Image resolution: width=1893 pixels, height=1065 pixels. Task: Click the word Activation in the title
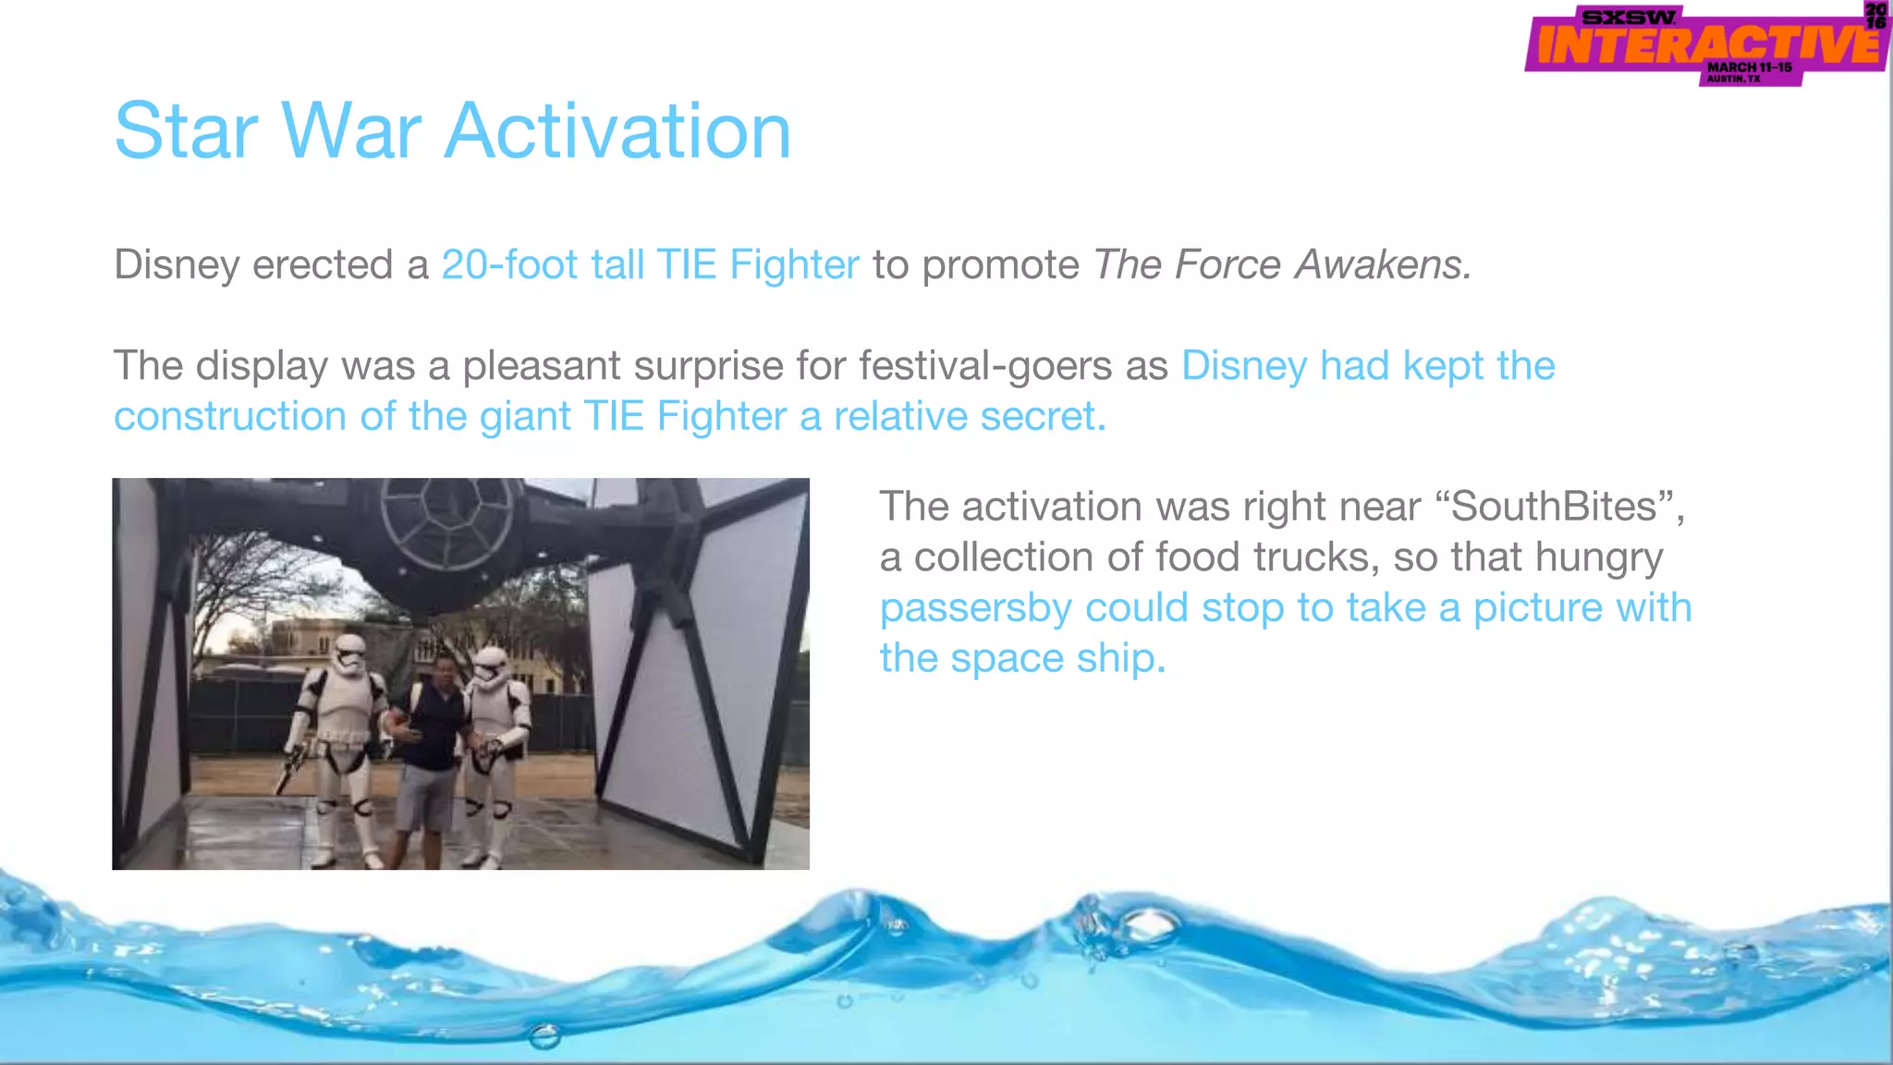[x=617, y=131]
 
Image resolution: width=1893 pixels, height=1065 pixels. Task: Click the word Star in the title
[x=185, y=131]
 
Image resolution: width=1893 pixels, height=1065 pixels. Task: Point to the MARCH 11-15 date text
[x=1749, y=67]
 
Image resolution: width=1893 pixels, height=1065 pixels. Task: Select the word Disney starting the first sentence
[x=177, y=265]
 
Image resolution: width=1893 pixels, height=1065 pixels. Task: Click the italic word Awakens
[x=1382, y=265]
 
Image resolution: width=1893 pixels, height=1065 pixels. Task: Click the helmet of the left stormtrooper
[x=349, y=655]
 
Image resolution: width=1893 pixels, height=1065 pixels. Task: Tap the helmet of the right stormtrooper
[x=491, y=668]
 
